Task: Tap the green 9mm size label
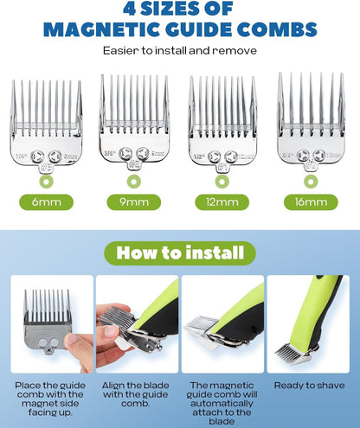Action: (133, 203)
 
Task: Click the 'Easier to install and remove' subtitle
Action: (179, 50)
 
